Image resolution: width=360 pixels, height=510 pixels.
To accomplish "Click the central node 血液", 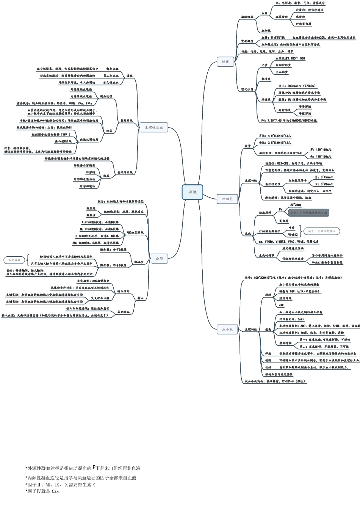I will click(193, 192).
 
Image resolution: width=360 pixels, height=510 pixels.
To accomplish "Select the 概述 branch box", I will click(225, 61).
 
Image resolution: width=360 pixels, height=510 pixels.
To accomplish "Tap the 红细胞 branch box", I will click(227, 199).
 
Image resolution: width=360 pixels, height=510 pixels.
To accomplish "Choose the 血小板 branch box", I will click(227, 329).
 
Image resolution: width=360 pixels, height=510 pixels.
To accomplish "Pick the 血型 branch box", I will click(159, 259).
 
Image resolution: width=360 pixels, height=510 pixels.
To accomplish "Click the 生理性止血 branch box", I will click(153, 128).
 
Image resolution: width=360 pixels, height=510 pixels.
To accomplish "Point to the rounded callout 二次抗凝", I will click(15, 260).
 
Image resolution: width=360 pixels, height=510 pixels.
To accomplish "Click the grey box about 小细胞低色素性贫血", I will click(308, 213).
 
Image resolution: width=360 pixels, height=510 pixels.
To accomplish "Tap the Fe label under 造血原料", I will click(281, 209).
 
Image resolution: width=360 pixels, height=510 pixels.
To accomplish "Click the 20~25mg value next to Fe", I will click(296, 205).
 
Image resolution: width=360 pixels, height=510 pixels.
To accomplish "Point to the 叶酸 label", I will click(291, 228).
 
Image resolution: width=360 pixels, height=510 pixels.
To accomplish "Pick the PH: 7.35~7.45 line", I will click(289, 121).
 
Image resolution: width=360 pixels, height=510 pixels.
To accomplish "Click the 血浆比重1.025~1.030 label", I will click(290, 58).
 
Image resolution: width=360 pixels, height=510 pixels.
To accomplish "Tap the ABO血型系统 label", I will click(135, 232).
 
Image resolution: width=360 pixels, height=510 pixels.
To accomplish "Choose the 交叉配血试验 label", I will click(100, 298).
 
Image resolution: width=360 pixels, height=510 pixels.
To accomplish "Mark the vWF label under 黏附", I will click(281, 305).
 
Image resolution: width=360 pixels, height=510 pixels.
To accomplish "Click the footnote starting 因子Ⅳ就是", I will click(42, 491).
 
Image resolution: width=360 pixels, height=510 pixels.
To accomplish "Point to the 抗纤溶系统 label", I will click(125, 173).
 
